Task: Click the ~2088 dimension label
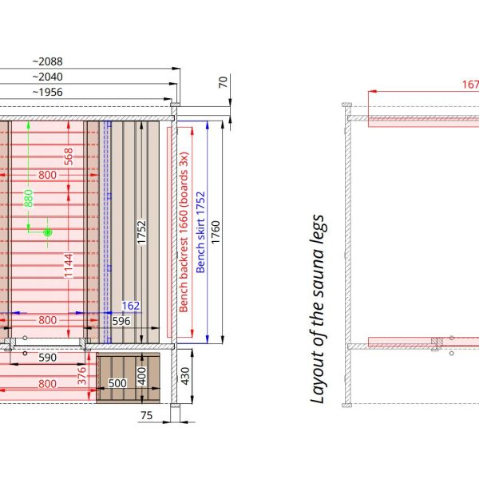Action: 47,61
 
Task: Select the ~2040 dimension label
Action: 47,77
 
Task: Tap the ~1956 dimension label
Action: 47,93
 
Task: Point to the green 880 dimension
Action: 29,198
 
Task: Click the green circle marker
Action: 47,232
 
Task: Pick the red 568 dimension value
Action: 69,156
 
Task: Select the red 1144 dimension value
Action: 69,266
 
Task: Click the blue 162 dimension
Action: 131,306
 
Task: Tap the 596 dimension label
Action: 121,321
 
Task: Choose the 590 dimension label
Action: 47,358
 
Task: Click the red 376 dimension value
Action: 81,376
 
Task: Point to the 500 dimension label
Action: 117,383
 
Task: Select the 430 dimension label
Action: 185,376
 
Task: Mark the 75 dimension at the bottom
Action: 147,415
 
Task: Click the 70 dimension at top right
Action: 223,82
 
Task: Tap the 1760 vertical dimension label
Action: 216,232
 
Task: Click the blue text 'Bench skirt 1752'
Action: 200,232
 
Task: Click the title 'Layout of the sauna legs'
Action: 318,309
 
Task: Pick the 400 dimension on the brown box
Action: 142,376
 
